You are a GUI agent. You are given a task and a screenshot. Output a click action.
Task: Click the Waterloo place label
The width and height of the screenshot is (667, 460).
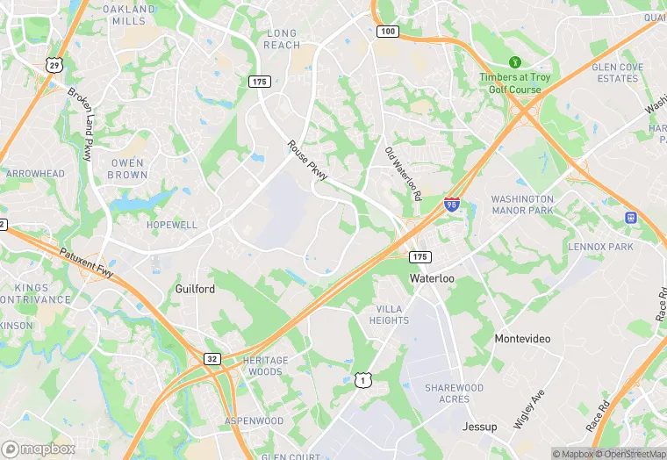tap(432, 277)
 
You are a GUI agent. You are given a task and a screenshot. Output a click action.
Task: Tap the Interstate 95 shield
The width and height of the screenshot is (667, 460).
tap(451, 205)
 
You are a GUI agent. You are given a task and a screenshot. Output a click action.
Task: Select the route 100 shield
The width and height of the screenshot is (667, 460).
tap(388, 32)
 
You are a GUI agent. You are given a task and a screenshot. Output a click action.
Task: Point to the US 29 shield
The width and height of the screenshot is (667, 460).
tap(54, 65)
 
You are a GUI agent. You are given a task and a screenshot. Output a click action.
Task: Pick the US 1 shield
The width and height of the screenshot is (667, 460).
tap(361, 380)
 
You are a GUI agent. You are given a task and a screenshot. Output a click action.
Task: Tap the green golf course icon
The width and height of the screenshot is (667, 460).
tap(515, 63)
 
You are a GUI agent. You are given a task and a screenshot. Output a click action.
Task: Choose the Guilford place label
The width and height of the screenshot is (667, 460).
tap(195, 289)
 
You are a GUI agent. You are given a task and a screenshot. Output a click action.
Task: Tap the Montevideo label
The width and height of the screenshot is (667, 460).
tap(522, 339)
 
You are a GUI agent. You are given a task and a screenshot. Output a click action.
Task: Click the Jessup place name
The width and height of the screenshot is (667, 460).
tap(480, 427)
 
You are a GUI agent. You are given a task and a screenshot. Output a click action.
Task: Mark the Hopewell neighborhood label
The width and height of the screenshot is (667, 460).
tap(172, 225)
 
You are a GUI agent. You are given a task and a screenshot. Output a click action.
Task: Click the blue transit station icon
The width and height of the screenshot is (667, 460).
tap(630, 217)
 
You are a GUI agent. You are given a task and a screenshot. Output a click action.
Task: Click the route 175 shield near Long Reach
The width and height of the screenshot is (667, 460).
tap(258, 81)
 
